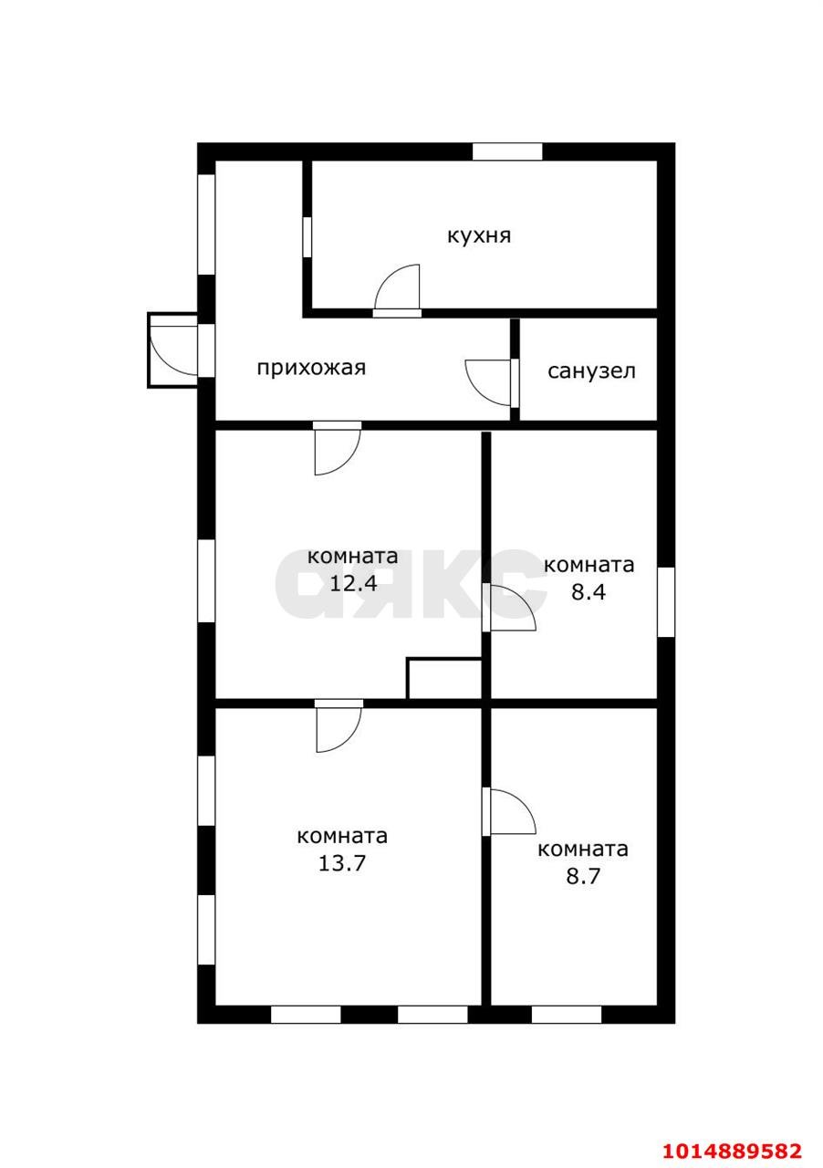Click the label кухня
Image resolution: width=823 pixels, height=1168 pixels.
coord(479,236)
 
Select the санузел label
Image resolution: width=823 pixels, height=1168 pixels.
coord(591,371)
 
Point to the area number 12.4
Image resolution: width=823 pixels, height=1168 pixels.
coord(353,583)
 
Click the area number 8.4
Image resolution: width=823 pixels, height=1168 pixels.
coord(589,592)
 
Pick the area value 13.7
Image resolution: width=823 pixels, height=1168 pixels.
coord(341,863)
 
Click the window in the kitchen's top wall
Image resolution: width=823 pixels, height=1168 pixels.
coord(507,151)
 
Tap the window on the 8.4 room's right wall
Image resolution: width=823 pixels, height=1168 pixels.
coord(666,602)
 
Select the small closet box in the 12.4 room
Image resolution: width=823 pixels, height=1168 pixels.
coord(443,678)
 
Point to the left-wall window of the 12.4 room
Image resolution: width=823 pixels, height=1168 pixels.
coord(206,581)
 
